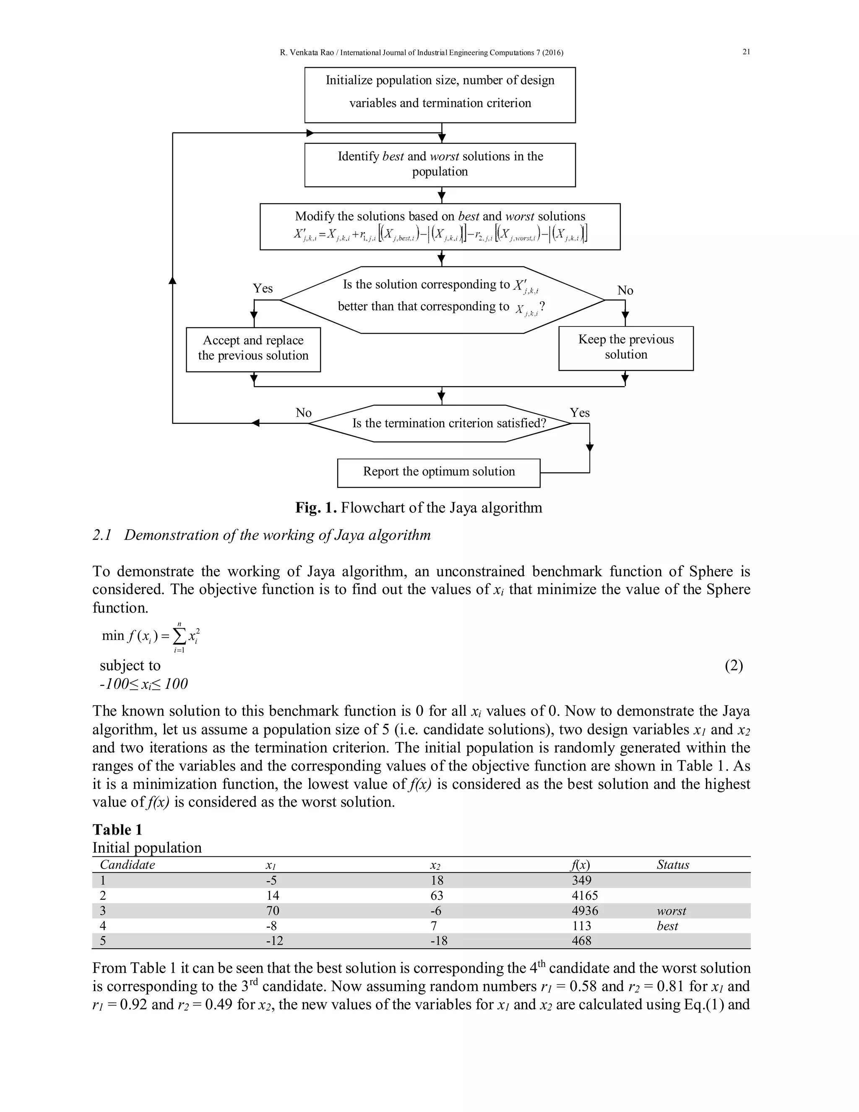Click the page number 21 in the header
(746, 52)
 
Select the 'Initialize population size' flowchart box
(440, 95)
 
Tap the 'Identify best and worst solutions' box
(440, 164)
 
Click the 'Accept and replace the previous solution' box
(253, 349)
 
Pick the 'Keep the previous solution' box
(625, 348)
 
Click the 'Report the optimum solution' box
(438, 472)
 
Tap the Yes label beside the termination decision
(579, 412)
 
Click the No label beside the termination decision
(303, 412)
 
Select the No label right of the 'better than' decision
(625, 290)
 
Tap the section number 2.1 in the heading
(102, 535)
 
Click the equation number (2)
(733, 666)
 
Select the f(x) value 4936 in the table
(585, 911)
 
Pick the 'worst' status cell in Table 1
(671, 911)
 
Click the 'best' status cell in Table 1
(667, 926)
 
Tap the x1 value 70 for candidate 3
(273, 911)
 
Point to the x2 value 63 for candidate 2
(437, 895)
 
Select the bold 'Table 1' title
(117, 830)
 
